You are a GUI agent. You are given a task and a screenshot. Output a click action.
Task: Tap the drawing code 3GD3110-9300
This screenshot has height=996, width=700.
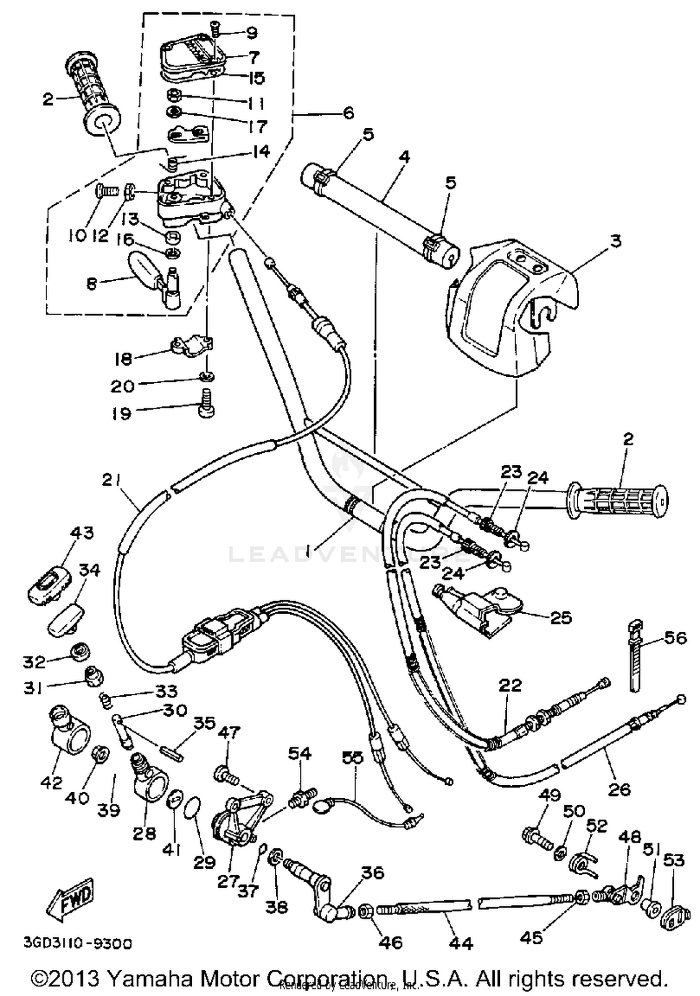point(77,944)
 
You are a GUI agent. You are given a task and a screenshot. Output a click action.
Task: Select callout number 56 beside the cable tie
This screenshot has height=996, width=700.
point(675,637)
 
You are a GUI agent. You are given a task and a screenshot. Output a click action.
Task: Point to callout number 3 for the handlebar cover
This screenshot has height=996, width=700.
point(616,241)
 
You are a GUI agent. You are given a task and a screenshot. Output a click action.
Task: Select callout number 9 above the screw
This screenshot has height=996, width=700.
point(252,33)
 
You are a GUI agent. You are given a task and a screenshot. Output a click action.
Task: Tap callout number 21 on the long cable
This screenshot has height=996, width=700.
point(112,480)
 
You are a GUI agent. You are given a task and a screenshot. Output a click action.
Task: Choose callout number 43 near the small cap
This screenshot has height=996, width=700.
point(82,533)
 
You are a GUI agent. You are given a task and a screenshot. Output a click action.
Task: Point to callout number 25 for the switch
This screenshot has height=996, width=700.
point(561,618)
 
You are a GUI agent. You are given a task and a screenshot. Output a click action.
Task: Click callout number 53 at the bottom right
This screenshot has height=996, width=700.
point(674,860)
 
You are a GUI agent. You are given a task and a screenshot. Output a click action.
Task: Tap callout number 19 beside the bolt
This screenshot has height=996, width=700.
point(121,413)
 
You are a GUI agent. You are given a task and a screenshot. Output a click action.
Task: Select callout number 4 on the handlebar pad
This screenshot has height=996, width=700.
point(405,157)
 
